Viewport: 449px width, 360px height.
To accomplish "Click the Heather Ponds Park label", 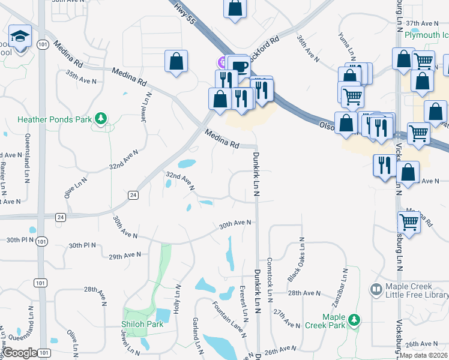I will (55, 119).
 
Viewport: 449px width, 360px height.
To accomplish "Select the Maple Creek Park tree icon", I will (355, 320).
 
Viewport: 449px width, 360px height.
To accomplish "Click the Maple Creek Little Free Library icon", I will (376, 290).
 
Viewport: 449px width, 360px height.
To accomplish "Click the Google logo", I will (20, 353).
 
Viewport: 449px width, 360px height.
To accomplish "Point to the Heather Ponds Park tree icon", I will (102, 118).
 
